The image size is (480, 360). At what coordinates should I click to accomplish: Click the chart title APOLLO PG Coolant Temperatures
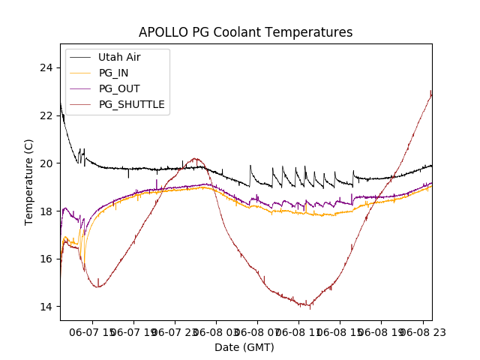245,32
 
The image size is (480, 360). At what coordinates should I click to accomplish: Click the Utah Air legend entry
119,57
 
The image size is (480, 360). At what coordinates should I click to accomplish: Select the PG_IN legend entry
114,73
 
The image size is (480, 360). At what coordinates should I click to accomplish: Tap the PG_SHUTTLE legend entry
131,104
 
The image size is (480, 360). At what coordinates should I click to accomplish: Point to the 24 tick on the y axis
49,67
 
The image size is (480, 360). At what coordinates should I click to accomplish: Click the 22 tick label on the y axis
49,115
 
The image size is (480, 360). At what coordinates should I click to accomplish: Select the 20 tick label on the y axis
49,163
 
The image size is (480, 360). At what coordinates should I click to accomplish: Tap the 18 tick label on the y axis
49,211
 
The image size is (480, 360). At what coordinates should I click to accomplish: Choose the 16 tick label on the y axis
49,259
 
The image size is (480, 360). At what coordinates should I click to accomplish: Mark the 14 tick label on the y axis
49,307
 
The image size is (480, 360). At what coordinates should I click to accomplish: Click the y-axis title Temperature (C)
29,181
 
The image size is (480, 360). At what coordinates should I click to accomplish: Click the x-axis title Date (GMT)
244,347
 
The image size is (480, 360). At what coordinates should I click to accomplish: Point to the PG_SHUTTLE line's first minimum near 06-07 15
98,286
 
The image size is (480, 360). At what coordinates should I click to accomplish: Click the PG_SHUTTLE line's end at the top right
431,91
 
